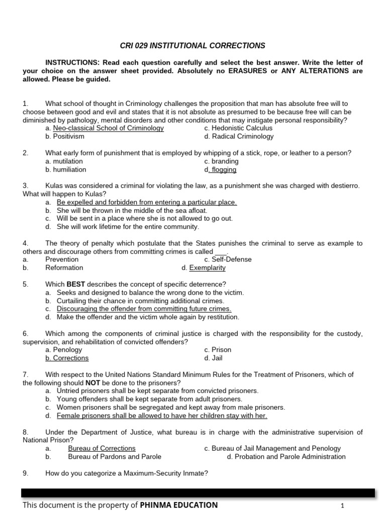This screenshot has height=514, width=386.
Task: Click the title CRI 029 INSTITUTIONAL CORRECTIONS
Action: pos(192,46)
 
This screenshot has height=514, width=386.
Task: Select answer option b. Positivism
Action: pos(65,137)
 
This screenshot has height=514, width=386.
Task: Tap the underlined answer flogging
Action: pos(224,170)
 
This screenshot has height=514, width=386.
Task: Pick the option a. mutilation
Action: pos(64,161)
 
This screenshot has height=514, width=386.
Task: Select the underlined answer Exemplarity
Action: pos(207,268)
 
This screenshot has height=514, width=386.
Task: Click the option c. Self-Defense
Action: pos(228,260)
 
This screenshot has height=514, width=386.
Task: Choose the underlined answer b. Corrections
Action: pos(67,358)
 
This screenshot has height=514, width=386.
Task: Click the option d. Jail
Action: pos(213,358)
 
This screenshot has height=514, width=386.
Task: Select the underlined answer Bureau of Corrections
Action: pos(102,448)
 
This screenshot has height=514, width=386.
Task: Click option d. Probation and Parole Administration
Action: pos(286,457)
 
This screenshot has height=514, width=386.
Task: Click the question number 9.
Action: pos(25,473)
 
